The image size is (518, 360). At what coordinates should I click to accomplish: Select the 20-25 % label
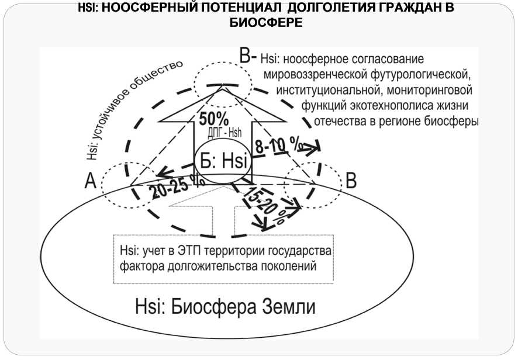[176, 188]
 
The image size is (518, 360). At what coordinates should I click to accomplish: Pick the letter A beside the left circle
[90, 182]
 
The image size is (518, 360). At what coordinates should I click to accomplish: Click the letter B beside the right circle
[351, 181]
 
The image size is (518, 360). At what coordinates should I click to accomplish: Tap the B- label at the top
[248, 56]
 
